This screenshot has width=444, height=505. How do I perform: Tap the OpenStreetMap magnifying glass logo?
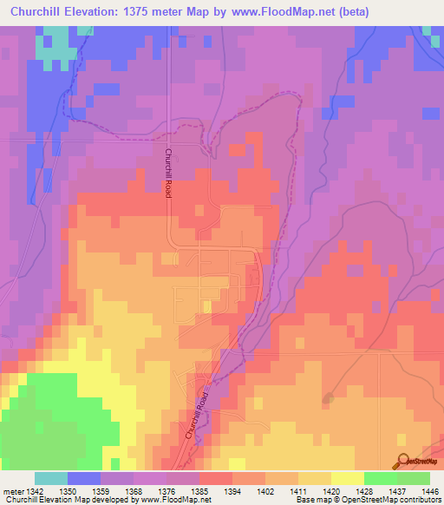[x=404, y=462]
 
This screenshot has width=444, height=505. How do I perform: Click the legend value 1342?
[x=35, y=491]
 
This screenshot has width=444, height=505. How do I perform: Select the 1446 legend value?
[x=429, y=491]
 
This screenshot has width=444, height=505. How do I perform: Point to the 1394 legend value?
[x=232, y=491]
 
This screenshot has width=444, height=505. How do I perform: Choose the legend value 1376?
[x=166, y=491]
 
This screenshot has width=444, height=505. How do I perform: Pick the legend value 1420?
[x=331, y=491]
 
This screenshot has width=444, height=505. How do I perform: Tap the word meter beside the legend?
[x=11, y=491]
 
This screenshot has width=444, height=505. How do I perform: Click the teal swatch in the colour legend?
[x=51, y=478]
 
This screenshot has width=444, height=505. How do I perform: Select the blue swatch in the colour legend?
[x=84, y=478]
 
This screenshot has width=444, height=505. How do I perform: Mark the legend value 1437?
[x=396, y=491]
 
